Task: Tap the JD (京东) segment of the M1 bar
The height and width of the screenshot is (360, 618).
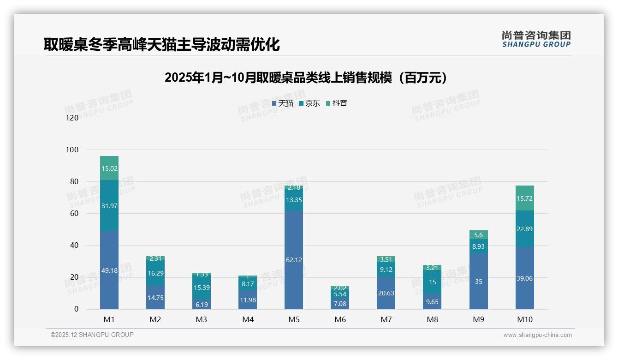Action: tap(109, 205)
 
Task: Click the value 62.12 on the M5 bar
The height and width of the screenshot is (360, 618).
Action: tap(294, 260)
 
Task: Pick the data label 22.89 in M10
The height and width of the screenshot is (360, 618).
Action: tap(524, 229)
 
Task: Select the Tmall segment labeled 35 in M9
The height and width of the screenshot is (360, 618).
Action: tap(478, 282)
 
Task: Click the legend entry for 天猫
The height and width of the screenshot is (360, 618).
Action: tap(283, 103)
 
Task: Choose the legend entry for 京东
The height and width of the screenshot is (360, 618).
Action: tap(309, 103)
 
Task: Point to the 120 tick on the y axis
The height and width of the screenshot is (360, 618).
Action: tap(72, 118)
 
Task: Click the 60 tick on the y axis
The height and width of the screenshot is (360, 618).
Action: tap(74, 214)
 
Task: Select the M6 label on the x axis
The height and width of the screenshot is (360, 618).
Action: tap(340, 319)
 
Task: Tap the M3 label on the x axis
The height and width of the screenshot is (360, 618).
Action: tap(202, 319)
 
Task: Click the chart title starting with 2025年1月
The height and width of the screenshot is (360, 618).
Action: tap(306, 78)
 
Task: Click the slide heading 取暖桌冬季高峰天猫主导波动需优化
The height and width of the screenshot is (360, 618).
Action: tap(162, 45)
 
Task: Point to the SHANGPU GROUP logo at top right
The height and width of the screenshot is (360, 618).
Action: tap(536, 39)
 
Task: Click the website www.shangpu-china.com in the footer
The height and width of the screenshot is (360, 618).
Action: tap(537, 335)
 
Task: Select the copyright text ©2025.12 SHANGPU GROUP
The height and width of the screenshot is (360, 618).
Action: tap(92, 335)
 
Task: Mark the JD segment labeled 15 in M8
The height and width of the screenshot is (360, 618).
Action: tap(432, 282)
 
